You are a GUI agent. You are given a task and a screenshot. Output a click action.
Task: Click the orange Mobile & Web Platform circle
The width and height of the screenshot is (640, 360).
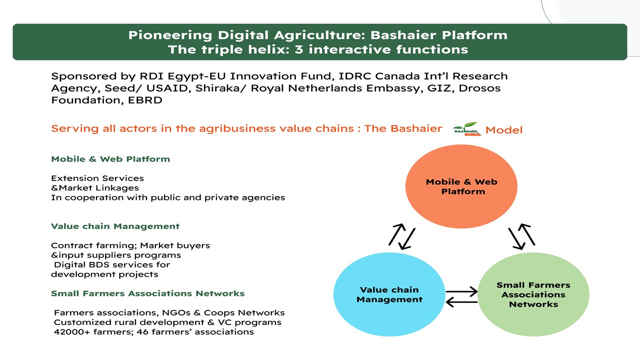[461, 186]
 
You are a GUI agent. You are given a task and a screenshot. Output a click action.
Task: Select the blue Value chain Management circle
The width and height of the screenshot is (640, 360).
[389, 294]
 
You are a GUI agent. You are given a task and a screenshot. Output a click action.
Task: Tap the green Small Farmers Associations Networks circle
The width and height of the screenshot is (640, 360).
[533, 294]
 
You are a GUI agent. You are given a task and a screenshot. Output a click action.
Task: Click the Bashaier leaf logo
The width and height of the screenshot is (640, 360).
[467, 129]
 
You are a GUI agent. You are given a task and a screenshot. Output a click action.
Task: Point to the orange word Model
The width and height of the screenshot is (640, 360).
[504, 130]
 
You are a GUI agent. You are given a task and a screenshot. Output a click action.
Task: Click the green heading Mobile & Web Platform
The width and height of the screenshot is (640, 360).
[110, 159]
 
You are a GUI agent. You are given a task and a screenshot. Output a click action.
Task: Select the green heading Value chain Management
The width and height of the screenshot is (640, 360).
[115, 226]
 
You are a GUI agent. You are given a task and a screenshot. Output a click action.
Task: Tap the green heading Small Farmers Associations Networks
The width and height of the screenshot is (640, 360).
[147, 293]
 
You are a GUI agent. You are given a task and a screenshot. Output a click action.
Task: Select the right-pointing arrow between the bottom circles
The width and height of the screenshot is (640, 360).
[461, 291]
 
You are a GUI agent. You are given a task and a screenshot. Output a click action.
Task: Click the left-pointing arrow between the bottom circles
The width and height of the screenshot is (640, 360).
[461, 302]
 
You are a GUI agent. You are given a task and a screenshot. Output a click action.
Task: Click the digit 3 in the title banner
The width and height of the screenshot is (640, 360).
[298, 49]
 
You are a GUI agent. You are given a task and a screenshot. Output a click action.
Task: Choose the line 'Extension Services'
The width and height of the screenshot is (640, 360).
[97, 178]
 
